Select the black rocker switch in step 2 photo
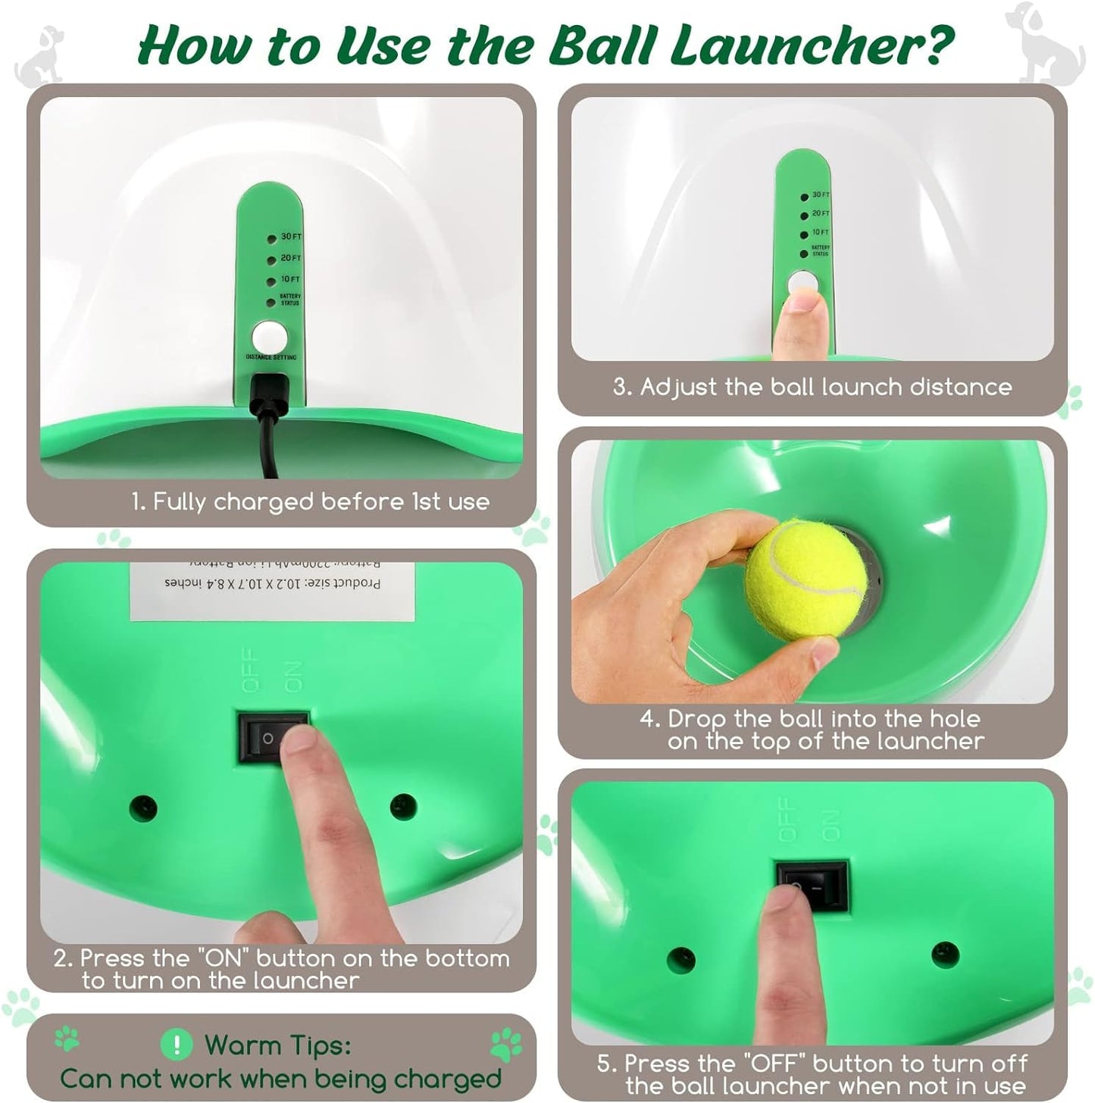pyautogui.click(x=273, y=736)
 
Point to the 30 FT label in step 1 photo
pyautogui.click(x=291, y=237)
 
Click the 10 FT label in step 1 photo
pyautogui.click(x=290, y=280)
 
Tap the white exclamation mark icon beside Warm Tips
pyautogui.click(x=177, y=1045)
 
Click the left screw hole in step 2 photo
pyautogui.click(x=142, y=808)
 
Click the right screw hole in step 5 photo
pyautogui.click(x=944, y=955)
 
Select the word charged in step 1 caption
pyautogui.click(x=263, y=502)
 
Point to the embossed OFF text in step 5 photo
pyautogui.click(x=789, y=820)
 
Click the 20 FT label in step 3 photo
pyautogui.click(x=821, y=214)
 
